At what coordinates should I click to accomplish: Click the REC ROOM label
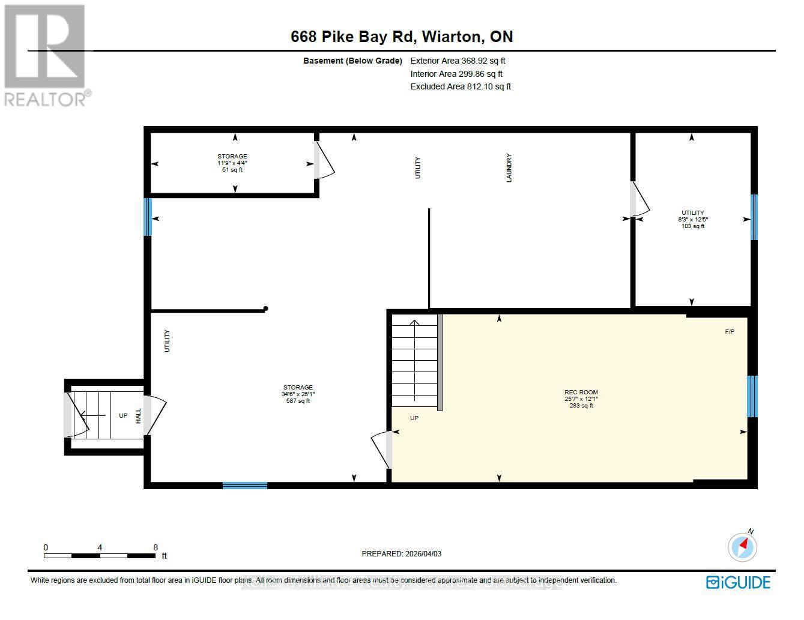(581, 392)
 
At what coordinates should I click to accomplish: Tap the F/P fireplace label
(730, 332)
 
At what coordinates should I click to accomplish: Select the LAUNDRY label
(509, 168)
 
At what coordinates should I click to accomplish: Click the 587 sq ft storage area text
(298, 401)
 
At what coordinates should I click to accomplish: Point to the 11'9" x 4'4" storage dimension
(232, 163)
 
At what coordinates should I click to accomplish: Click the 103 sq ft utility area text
(692, 226)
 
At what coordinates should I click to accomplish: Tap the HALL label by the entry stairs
(138, 415)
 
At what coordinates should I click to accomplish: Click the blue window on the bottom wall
(245, 485)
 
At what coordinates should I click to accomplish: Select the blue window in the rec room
(752, 396)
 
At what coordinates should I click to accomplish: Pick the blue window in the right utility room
(754, 217)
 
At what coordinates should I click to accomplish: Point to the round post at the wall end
(265, 309)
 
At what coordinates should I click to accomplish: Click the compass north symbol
(742, 546)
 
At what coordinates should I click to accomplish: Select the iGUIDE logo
(738, 582)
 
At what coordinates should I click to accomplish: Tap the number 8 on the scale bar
(156, 547)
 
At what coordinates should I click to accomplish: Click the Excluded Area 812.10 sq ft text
(461, 86)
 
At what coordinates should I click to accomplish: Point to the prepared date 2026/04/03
(401, 554)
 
